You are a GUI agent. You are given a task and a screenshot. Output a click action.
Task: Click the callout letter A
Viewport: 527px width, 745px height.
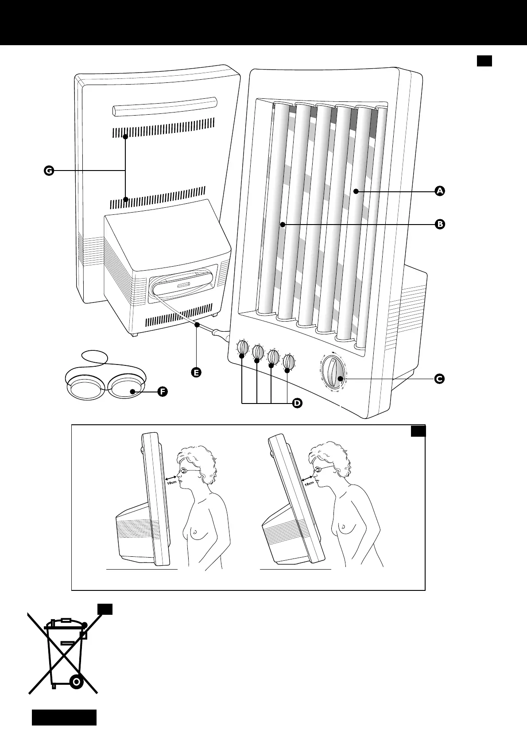[439, 191]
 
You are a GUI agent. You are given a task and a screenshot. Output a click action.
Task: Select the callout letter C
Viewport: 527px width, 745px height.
[439, 379]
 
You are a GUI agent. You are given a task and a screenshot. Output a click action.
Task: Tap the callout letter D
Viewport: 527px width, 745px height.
[297, 403]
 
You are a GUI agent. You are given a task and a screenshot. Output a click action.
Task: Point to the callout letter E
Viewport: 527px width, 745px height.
[195, 372]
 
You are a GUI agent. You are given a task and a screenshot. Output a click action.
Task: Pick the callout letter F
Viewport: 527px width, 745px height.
[162, 392]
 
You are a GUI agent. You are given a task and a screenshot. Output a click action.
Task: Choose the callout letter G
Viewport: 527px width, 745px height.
[48, 171]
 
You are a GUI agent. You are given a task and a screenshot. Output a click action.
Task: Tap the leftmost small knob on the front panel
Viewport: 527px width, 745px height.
[242, 348]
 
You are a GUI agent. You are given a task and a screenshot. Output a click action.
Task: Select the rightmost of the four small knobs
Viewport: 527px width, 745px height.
[289, 362]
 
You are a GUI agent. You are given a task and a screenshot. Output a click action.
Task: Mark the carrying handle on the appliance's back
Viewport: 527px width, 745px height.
[165, 107]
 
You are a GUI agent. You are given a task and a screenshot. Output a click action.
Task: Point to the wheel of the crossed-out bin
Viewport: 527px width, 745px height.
[77, 682]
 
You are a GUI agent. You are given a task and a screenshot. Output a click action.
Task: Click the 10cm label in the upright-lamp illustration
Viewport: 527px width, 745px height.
[172, 482]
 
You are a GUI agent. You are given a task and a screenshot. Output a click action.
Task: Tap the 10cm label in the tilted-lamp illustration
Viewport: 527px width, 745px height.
[308, 484]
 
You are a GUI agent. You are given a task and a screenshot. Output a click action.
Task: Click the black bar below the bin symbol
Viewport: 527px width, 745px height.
[64, 717]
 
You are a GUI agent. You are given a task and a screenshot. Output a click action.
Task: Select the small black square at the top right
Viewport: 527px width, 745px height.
[484, 61]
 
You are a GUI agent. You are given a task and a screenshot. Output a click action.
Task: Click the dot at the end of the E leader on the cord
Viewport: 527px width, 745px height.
[196, 326]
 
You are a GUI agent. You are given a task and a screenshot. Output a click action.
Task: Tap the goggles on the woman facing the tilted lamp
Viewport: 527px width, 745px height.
[318, 470]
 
